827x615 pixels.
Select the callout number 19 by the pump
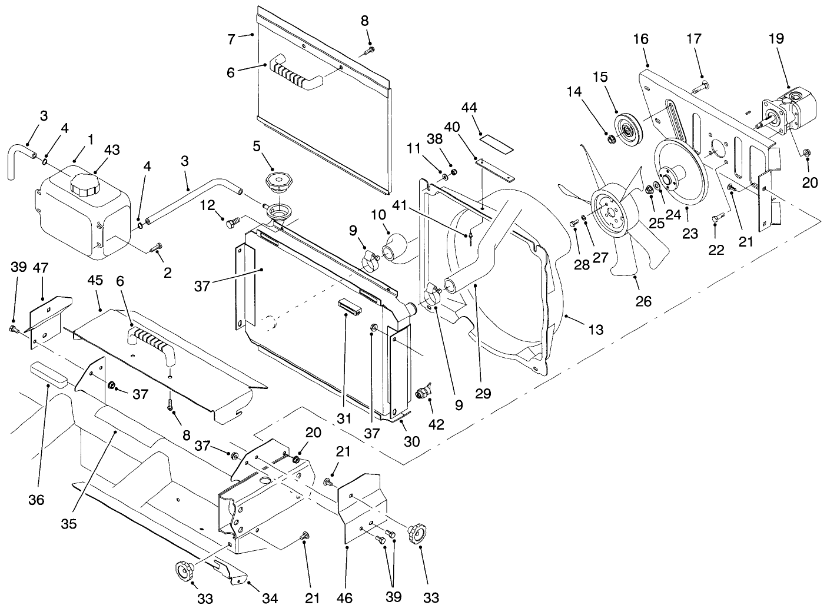pyautogui.click(x=776, y=39)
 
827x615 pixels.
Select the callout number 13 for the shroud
pyautogui.click(x=596, y=330)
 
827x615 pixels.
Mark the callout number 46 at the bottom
pyautogui.click(x=345, y=599)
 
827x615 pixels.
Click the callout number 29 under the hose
pyautogui.click(x=483, y=393)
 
